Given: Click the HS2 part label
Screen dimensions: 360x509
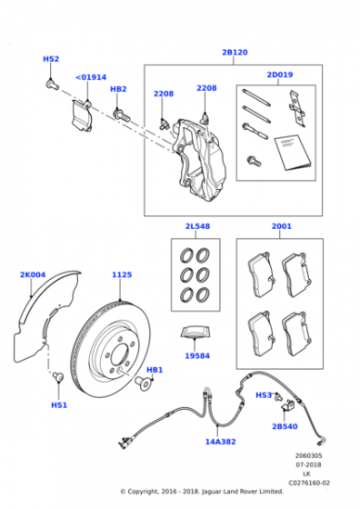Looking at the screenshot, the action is point(51,59).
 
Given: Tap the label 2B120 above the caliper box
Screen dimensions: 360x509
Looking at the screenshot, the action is point(235,53).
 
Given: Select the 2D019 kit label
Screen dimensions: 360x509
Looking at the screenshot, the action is point(280,75).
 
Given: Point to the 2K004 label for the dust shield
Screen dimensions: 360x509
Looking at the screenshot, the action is point(33,274).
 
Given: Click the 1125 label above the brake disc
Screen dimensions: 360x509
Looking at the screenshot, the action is point(122,274).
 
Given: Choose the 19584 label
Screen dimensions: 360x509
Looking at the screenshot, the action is point(197,355).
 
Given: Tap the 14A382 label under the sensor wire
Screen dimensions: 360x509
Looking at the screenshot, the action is point(220,442).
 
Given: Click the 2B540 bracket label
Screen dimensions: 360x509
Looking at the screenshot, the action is point(285,426).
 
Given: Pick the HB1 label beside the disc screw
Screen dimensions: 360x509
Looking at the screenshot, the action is point(155,370).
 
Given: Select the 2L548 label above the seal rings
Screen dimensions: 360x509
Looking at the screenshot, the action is point(197,226).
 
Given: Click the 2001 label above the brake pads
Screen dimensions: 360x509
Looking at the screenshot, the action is point(282,226).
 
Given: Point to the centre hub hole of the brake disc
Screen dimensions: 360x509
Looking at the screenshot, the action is point(118,354).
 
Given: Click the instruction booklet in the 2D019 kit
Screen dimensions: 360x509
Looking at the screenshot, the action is point(293,152).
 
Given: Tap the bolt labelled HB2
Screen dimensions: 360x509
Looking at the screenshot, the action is point(122,115).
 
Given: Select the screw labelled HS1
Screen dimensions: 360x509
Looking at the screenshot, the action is point(58,377).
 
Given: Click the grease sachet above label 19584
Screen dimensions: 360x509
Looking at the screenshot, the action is point(195,333).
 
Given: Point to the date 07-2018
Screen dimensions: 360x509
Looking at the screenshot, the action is point(308,464).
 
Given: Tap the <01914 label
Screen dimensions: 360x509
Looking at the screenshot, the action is point(91,77).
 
